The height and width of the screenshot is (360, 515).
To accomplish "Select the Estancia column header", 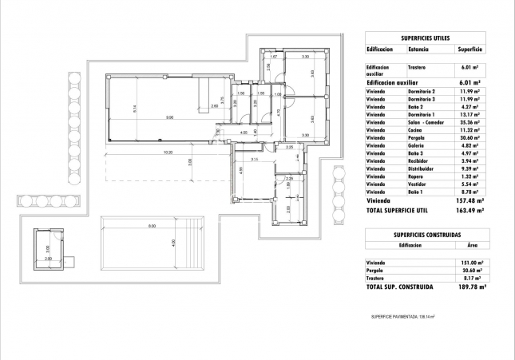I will tap(418, 49).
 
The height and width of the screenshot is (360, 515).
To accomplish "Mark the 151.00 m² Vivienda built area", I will tap(465, 262).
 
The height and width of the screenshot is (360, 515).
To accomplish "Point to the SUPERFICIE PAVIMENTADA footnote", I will tap(410, 317).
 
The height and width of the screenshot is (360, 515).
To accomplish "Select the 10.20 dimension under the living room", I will tap(168, 152).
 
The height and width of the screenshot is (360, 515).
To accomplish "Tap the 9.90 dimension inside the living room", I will tap(170, 117).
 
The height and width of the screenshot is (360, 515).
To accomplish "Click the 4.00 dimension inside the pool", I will tap(172, 243).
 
